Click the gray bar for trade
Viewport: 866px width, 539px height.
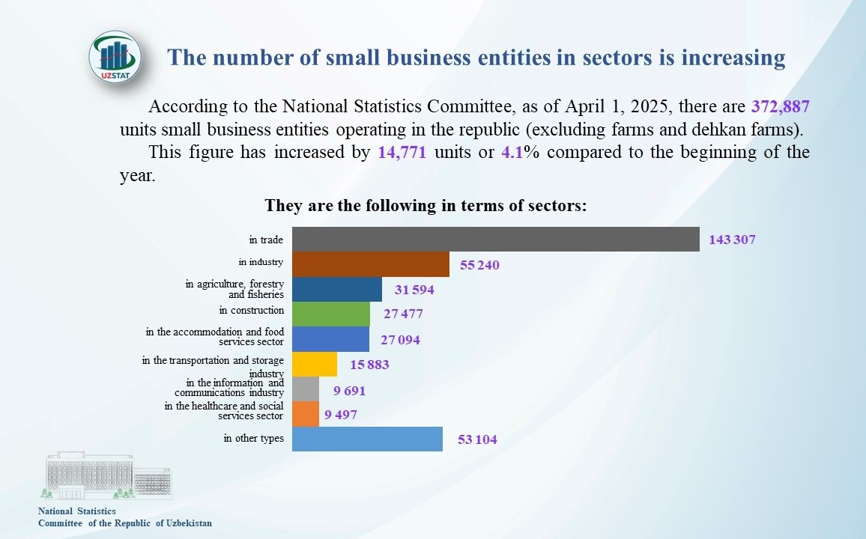(x=495, y=239)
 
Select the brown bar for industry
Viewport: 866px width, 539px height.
(x=371, y=264)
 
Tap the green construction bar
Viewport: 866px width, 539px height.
(x=330, y=314)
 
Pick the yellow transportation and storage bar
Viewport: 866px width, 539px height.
(x=314, y=365)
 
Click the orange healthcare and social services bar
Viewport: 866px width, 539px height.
(x=305, y=414)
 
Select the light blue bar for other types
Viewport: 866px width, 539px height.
(x=367, y=439)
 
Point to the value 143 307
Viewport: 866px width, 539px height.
(x=732, y=240)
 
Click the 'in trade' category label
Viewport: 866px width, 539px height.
(x=266, y=240)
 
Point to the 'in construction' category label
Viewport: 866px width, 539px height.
(x=252, y=310)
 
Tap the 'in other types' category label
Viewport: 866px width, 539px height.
(x=253, y=438)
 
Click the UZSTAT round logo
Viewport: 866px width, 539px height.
(x=115, y=56)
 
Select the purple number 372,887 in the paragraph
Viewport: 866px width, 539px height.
(x=781, y=106)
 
